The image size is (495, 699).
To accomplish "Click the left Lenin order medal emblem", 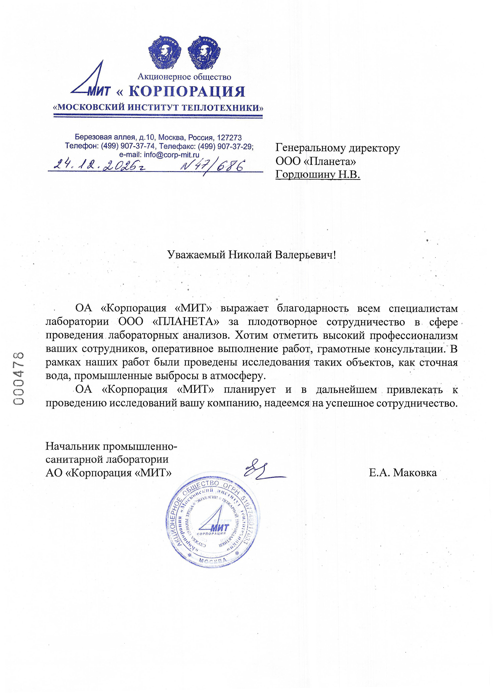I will coord(165,53).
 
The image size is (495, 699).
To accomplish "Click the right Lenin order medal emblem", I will coord(204,53).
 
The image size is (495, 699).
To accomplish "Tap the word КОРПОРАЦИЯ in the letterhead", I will coord(187,91).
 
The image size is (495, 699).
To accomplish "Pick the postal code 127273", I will coord(229,138).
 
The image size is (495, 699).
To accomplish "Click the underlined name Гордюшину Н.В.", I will coord(318,174).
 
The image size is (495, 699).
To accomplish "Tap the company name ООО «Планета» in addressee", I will coord(316,161).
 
